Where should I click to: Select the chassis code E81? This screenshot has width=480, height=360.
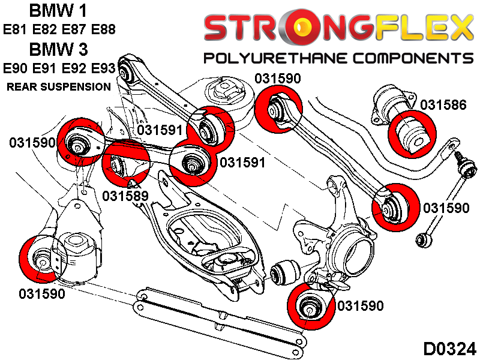(16, 29)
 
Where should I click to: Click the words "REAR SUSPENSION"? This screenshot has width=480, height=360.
(59, 86)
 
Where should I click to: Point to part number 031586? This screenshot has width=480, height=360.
(443, 105)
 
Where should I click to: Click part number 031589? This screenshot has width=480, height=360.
(125, 196)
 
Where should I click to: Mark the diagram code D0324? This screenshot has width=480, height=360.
(449, 347)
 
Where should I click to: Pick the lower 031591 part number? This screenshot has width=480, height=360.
(242, 162)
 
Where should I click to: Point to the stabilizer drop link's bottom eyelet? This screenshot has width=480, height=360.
(422, 239)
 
